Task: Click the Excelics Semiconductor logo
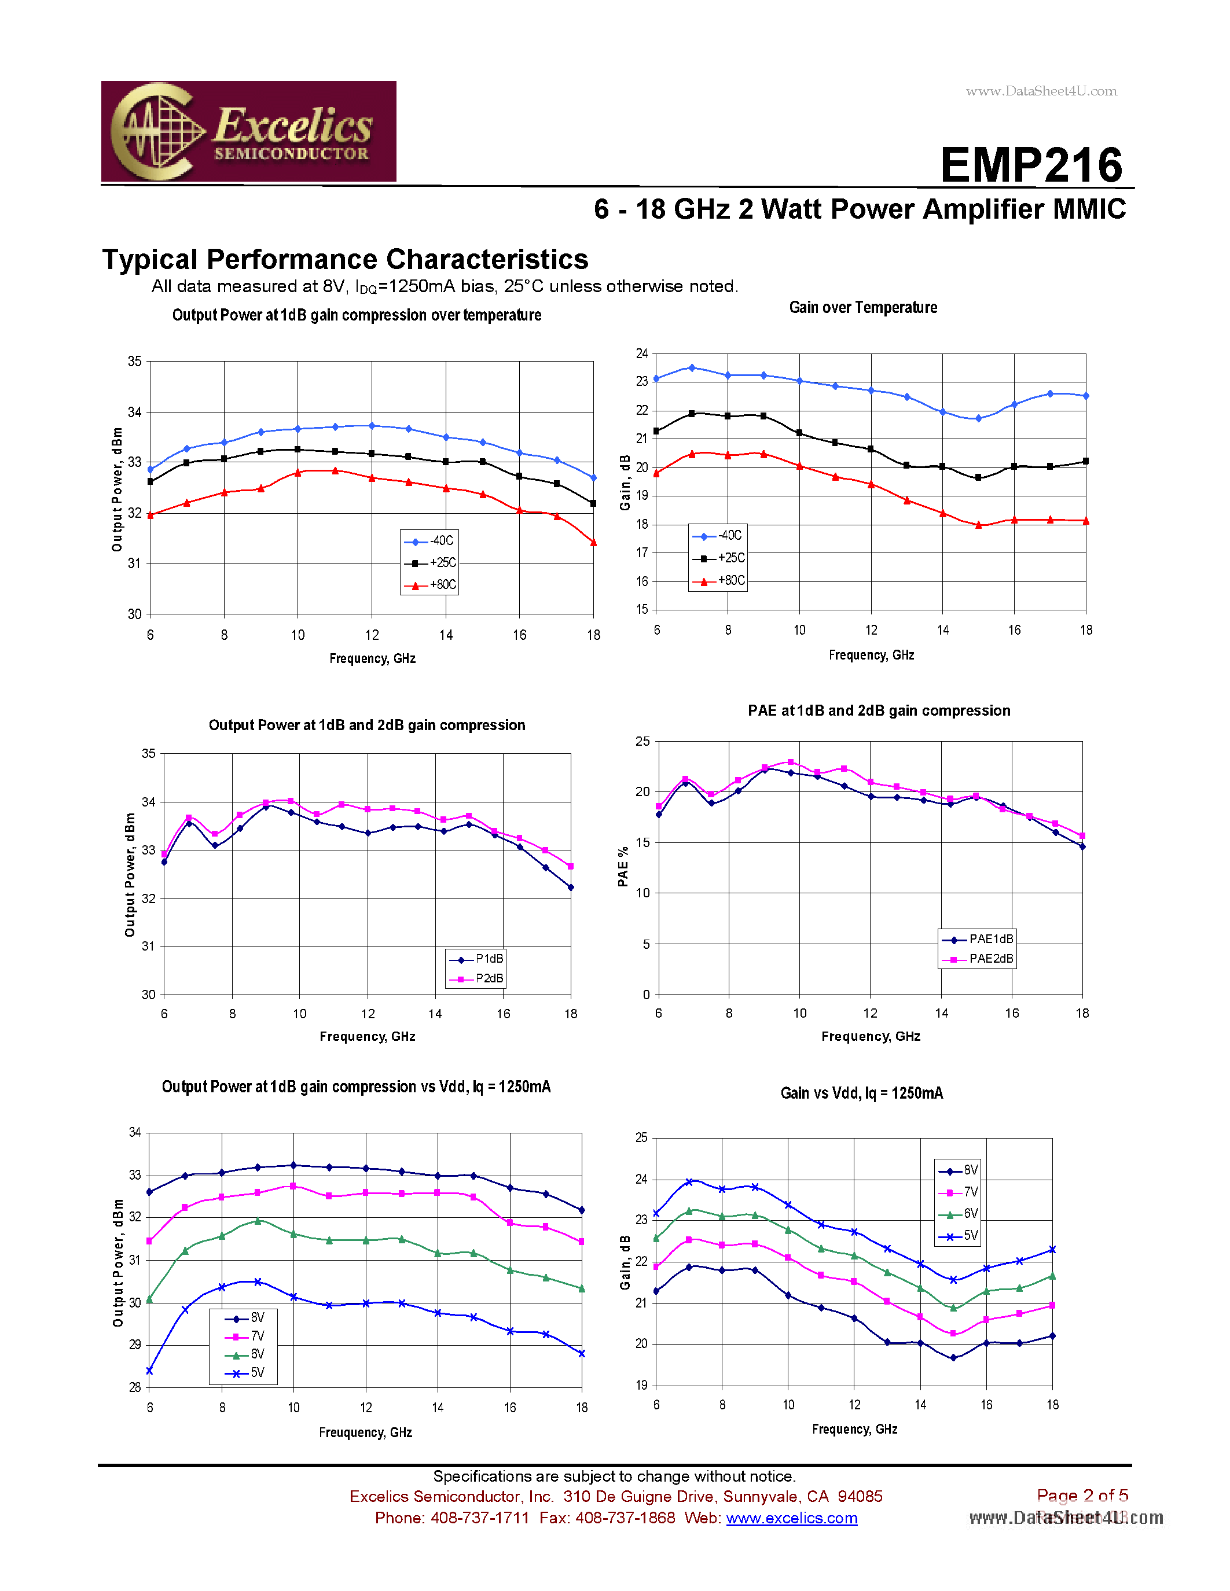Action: pyautogui.click(x=248, y=131)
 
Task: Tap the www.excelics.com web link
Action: pyautogui.click(x=791, y=1518)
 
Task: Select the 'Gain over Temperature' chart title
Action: pyautogui.click(x=863, y=307)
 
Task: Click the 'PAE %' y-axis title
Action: pyautogui.click(x=623, y=867)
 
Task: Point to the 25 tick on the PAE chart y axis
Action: pyautogui.click(x=642, y=742)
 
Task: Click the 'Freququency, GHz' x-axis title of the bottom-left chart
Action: pyautogui.click(x=365, y=1432)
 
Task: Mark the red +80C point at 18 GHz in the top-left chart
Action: pyautogui.click(x=593, y=543)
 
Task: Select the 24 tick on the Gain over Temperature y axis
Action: pyautogui.click(x=641, y=353)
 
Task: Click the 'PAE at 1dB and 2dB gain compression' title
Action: pyautogui.click(x=878, y=710)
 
